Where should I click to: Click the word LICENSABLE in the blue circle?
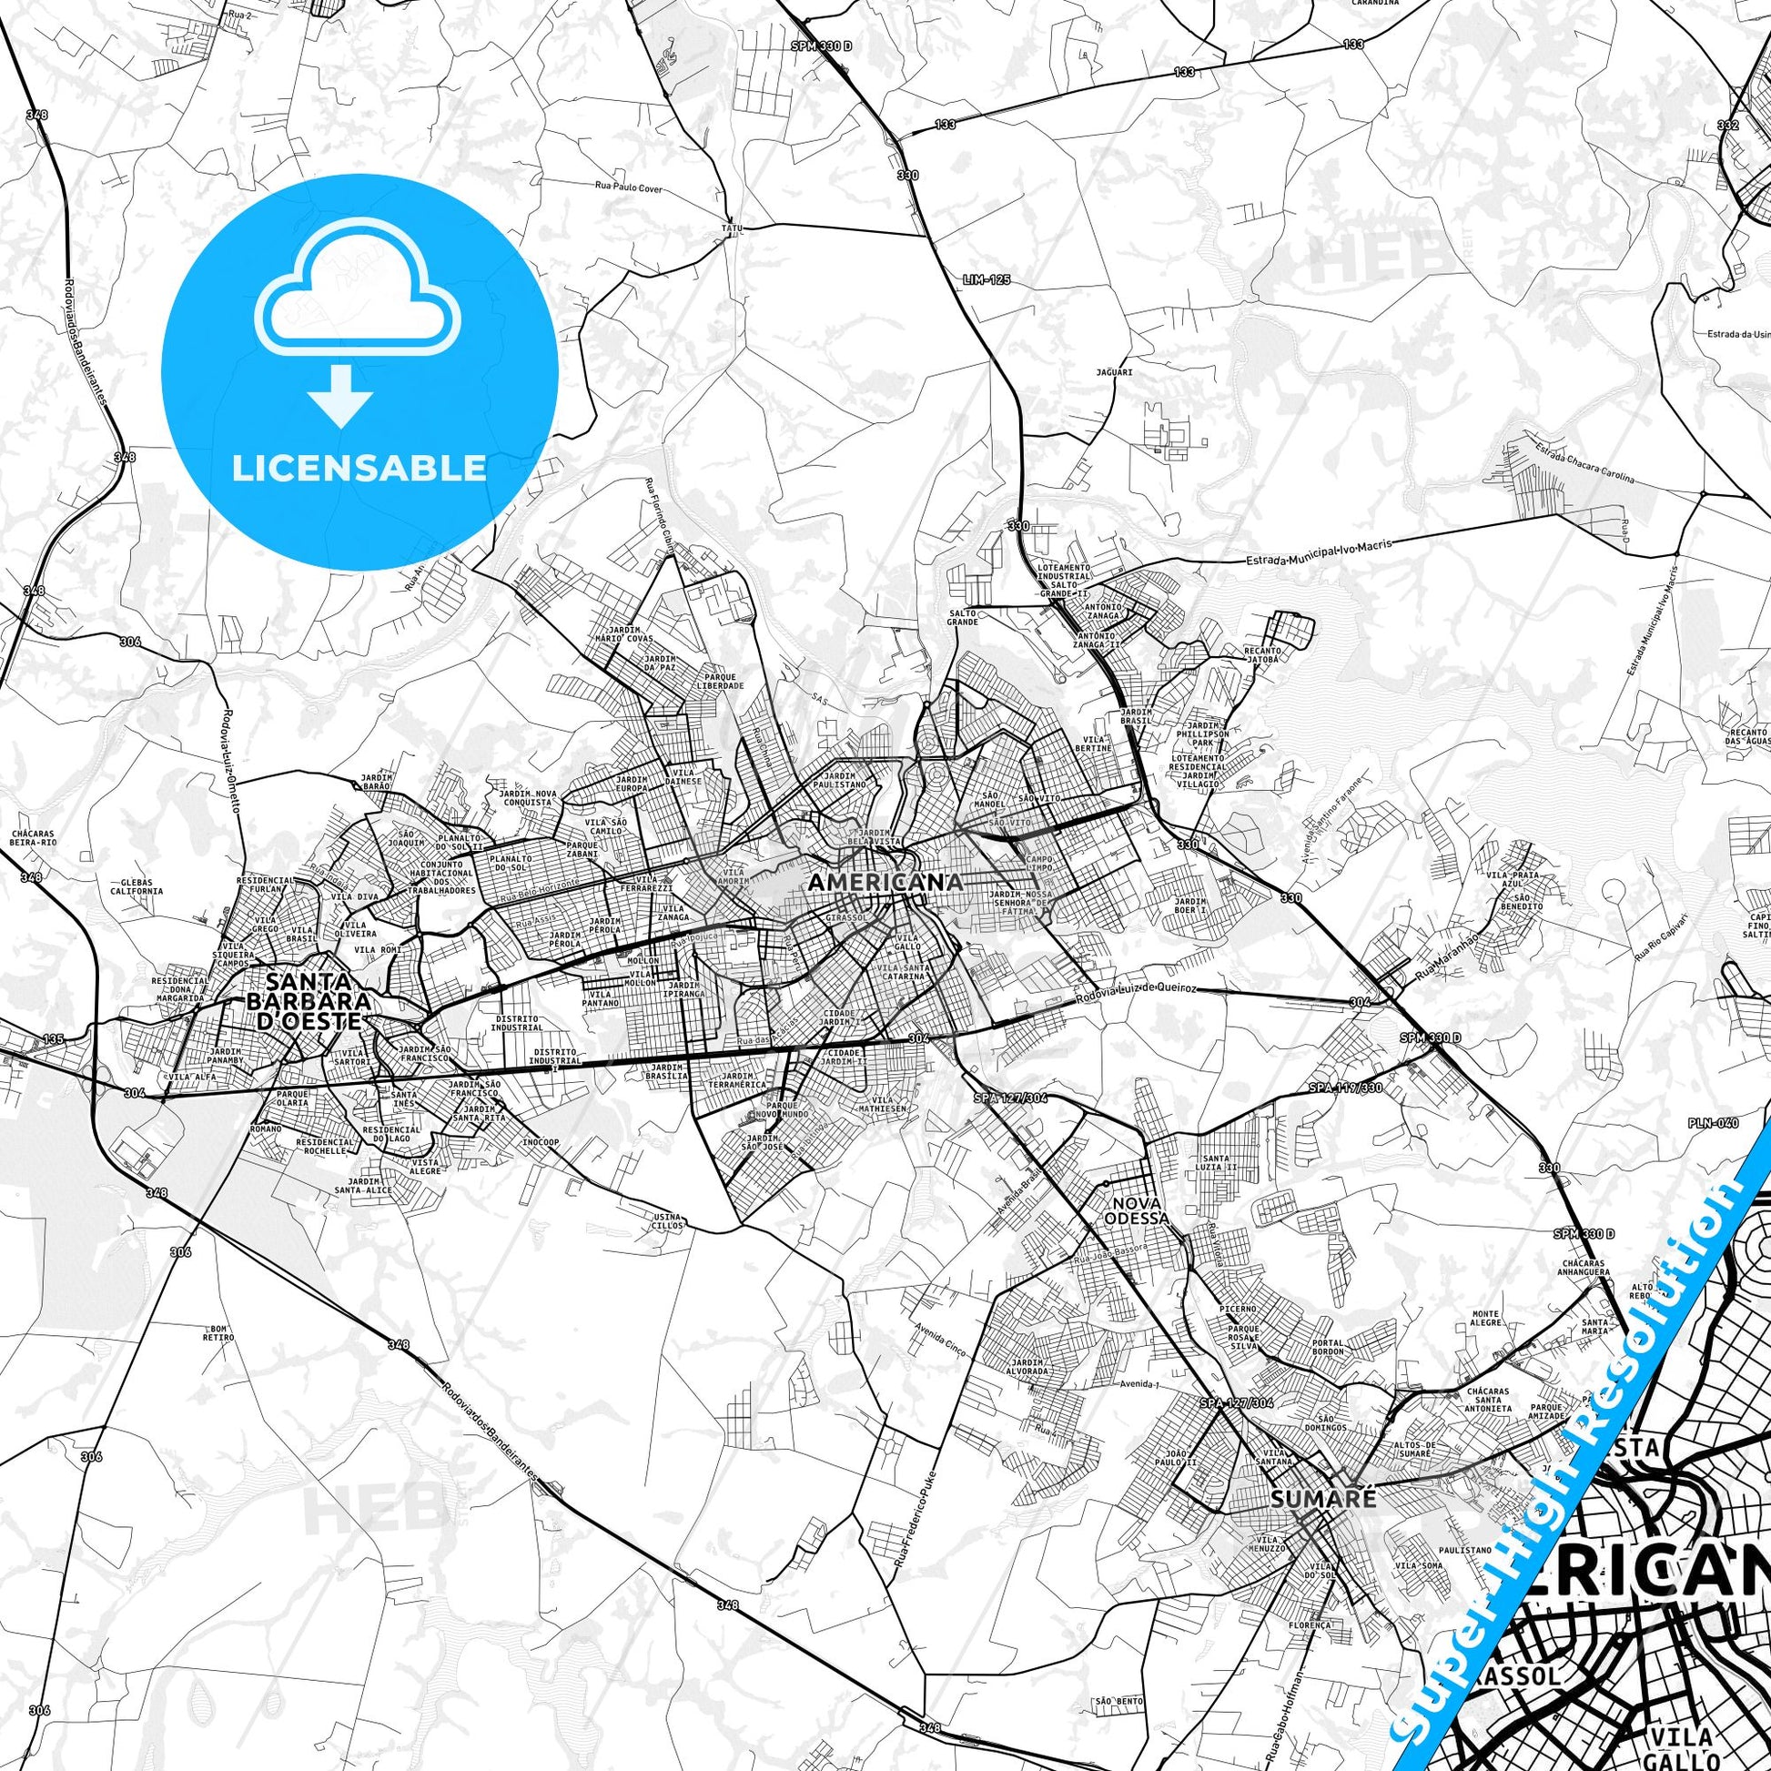pos(359,469)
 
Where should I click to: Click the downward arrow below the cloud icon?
pos(340,394)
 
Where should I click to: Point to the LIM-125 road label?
pos(987,278)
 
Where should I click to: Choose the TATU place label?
pos(731,227)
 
